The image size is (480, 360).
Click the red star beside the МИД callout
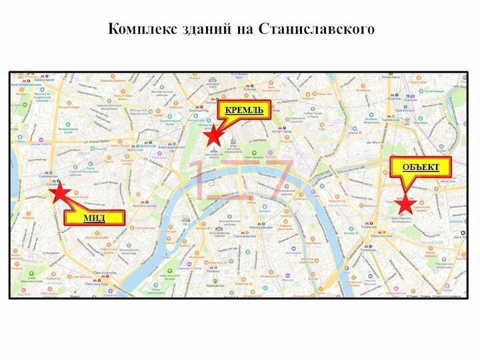point(59,193)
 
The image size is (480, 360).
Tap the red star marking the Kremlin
point(213,136)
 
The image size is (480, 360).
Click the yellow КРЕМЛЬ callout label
point(244,109)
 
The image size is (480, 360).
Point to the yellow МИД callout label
point(95,217)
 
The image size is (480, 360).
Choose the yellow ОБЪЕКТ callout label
point(421,166)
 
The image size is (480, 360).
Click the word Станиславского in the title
point(325,29)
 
